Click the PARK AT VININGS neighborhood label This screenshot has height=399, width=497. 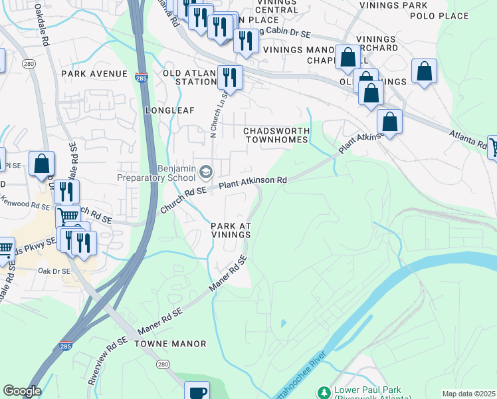(x=231, y=230)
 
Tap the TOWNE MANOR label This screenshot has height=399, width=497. (x=170, y=344)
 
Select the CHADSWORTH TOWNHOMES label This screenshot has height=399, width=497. (x=277, y=135)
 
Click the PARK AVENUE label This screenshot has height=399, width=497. (x=94, y=73)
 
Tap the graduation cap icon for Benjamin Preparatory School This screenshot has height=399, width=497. (x=206, y=172)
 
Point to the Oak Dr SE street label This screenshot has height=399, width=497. (x=54, y=271)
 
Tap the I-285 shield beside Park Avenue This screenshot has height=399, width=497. (x=142, y=77)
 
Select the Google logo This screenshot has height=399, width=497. (x=22, y=391)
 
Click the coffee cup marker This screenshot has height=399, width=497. (x=196, y=391)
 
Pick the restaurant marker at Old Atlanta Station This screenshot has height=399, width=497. (x=229, y=78)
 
